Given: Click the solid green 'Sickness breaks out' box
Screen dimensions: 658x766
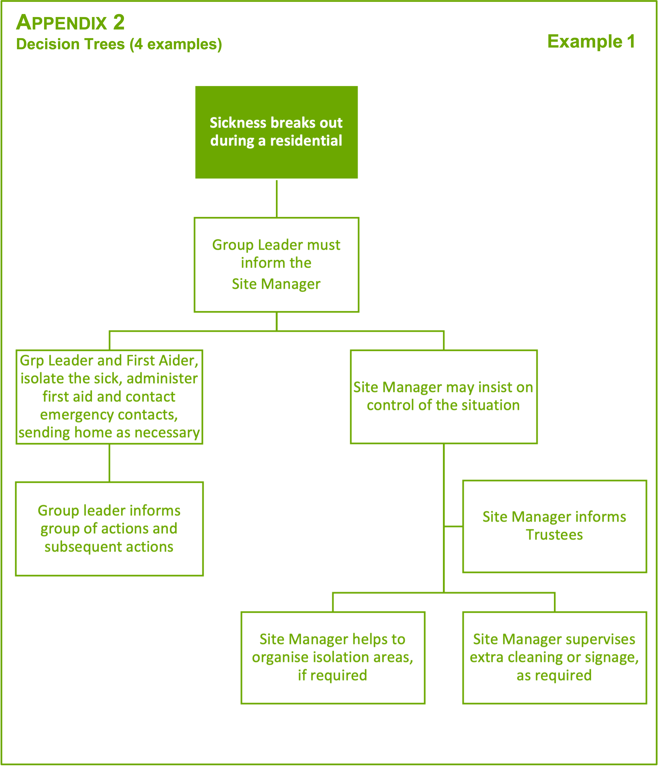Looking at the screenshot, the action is pyautogui.click(x=276, y=132).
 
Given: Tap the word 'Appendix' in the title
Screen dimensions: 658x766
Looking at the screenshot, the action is pyautogui.click(x=61, y=23).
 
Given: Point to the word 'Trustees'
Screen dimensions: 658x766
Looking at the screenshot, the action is pyautogui.click(x=554, y=535).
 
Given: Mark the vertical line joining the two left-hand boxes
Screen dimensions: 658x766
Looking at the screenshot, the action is pyautogui.click(x=109, y=463).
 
